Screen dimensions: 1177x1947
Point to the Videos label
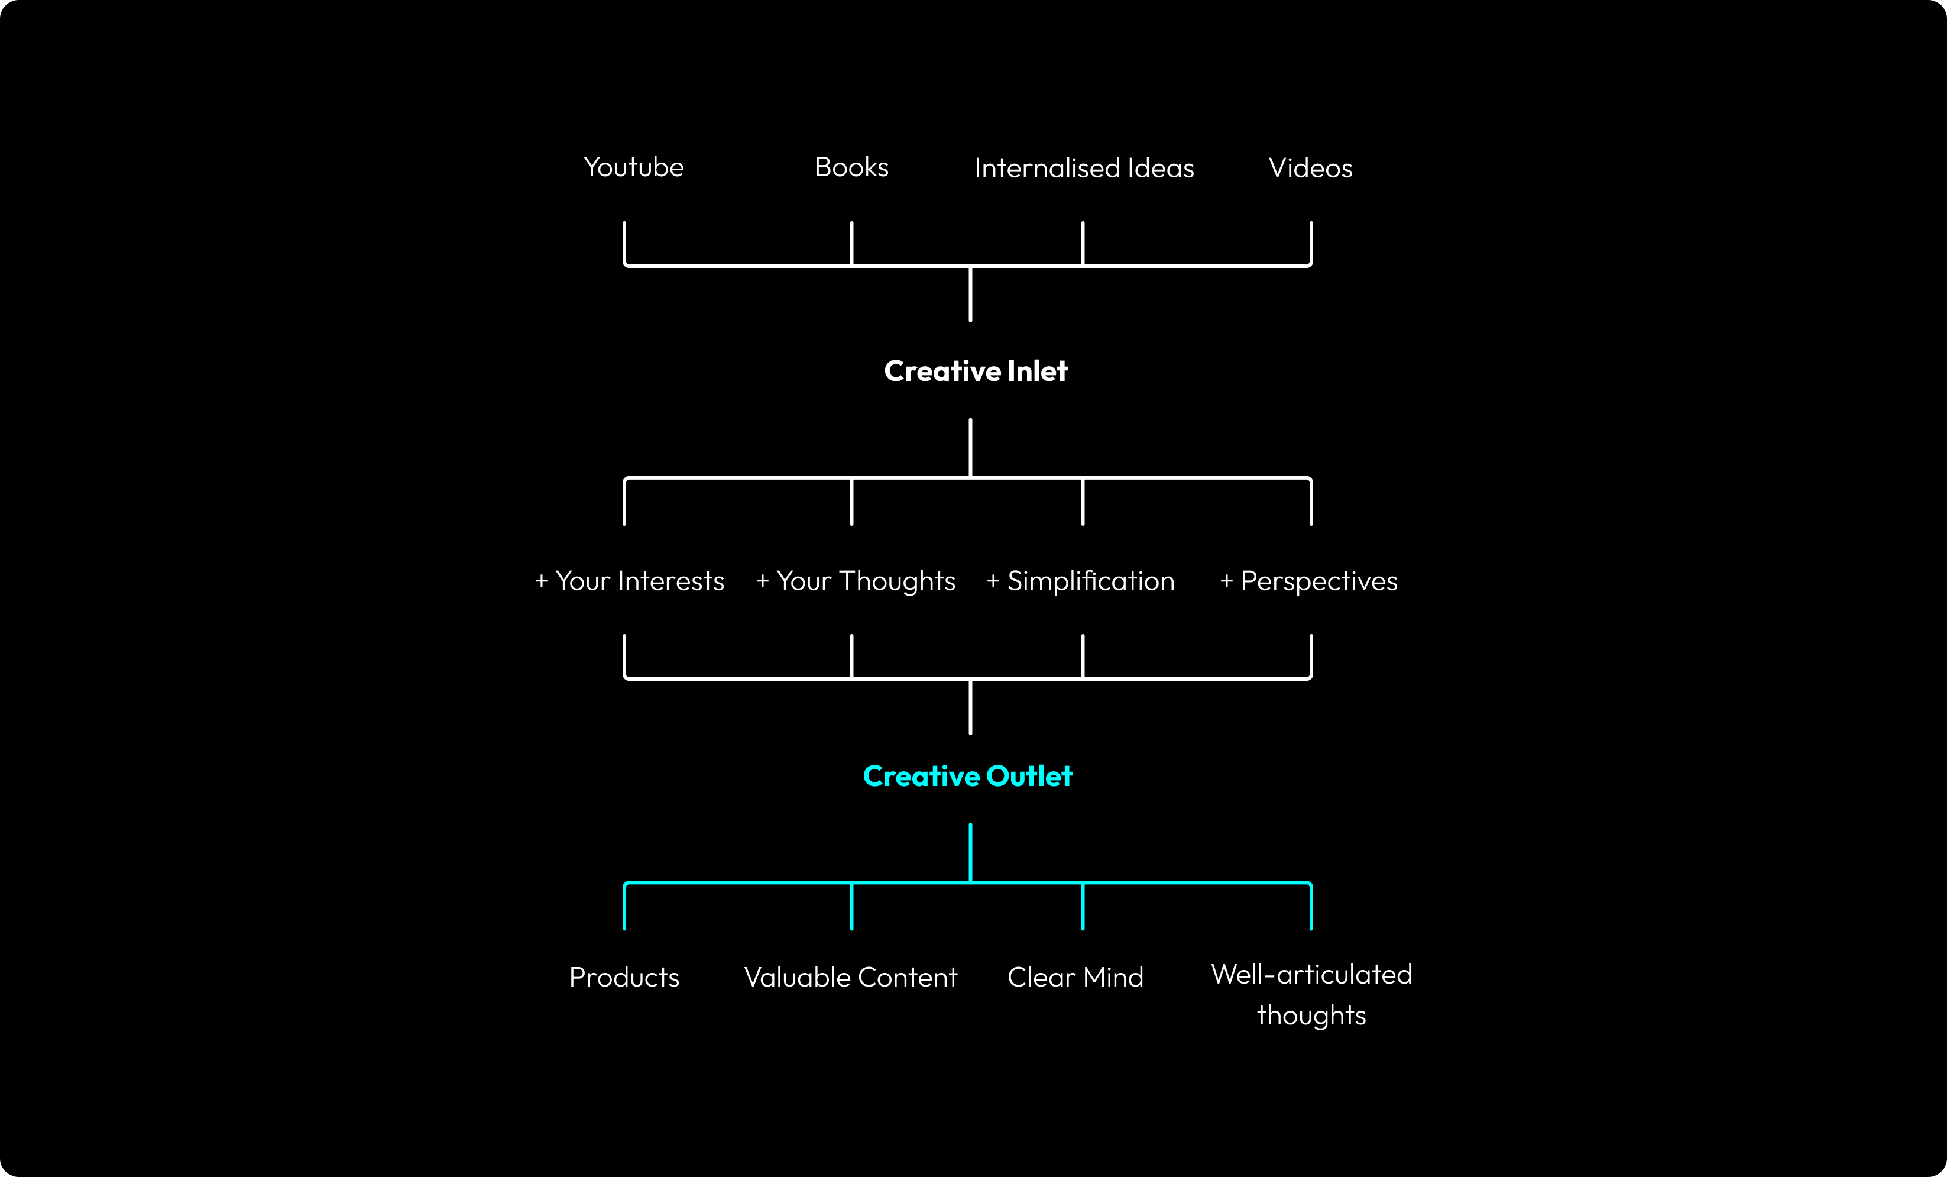pos(1310,169)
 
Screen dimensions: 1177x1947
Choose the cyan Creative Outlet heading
pos(967,776)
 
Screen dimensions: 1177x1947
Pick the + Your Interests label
pos(629,581)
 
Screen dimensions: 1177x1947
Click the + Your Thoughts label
pos(855,581)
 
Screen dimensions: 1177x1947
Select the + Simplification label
pos(1080,581)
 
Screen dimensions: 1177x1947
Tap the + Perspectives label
pos(1308,581)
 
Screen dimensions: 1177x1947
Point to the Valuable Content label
pos(850,978)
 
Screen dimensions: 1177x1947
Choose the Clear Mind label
pos(1075,978)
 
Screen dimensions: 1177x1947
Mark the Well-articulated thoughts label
pos(1311,994)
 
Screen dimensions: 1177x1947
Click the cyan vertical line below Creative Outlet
pos(970,852)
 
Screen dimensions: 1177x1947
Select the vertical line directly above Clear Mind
pos(1083,906)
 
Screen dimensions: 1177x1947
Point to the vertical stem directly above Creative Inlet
pos(970,294)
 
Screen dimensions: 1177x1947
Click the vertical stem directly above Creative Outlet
pos(970,707)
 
